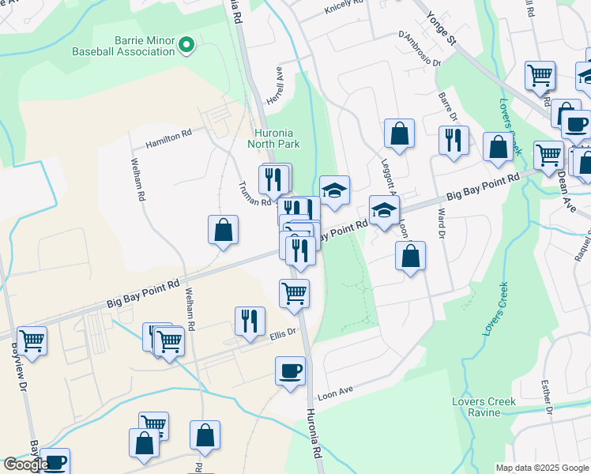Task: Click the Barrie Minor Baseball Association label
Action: click(122, 45)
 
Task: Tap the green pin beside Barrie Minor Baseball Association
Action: click(186, 46)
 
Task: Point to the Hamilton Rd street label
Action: click(168, 139)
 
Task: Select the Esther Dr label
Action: click(545, 395)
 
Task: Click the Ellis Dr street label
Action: click(282, 333)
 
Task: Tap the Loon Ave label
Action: click(334, 393)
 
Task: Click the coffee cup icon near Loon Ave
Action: click(290, 371)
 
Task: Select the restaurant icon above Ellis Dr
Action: click(250, 321)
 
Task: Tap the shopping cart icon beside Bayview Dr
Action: click(32, 341)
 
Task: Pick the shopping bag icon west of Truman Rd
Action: click(224, 231)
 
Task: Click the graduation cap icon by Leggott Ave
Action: click(384, 211)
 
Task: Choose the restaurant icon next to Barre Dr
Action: click(454, 141)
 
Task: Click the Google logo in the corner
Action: click(26, 465)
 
